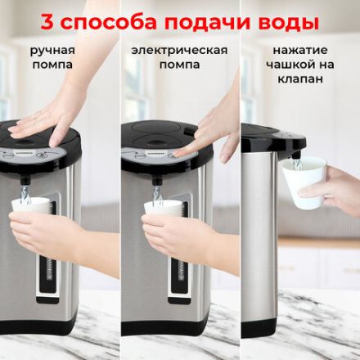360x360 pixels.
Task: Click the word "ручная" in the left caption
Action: pos(53,50)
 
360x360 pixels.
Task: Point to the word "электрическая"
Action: pos(179,50)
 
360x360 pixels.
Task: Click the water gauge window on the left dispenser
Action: pos(45,245)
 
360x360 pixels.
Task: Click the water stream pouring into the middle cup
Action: pos(156,193)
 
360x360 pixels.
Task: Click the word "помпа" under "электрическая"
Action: pos(179,65)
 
